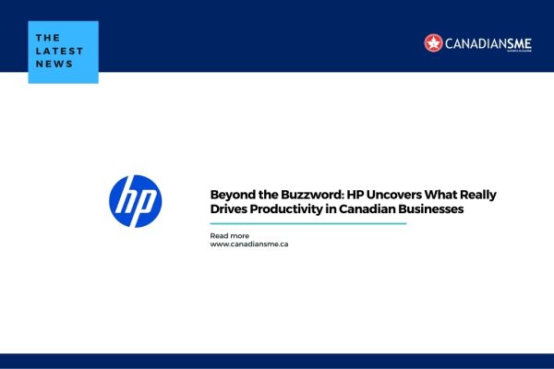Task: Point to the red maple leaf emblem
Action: pos(433,42)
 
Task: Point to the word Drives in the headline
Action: pos(228,209)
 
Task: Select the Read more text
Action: pos(229,235)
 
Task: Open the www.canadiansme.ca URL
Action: pos(249,244)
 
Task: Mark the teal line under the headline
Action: pos(308,223)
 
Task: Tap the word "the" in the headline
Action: pos(262,195)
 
